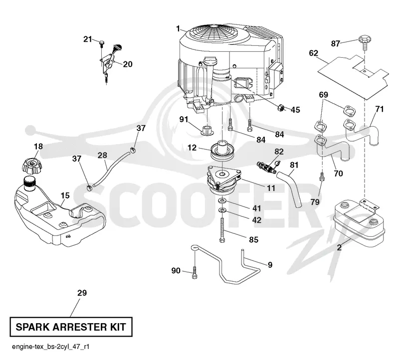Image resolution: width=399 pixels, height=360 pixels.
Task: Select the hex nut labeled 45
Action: pos(281,108)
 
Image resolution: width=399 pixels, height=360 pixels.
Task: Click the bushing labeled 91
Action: pos(207,130)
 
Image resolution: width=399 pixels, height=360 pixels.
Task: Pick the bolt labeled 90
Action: pos(195,272)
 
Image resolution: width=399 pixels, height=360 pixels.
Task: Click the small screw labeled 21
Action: pos(102,43)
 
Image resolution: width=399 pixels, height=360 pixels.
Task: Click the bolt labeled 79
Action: pos(322,176)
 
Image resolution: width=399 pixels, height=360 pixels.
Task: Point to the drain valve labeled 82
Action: pos(267,167)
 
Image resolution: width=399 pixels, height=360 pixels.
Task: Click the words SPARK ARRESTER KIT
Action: pos(71,327)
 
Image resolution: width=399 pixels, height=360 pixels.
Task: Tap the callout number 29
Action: pos(82,293)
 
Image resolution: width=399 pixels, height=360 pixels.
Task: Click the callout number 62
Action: pos(314,53)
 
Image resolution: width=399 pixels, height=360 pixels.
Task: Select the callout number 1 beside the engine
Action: pos(178,28)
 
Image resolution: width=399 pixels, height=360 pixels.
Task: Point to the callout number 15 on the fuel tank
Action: pos(65,195)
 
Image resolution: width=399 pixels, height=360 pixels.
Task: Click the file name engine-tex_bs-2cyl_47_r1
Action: pos(51,347)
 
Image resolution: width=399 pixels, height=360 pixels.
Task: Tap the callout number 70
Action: pos(338,174)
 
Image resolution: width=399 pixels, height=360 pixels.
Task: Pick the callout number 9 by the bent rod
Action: pos(270,265)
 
